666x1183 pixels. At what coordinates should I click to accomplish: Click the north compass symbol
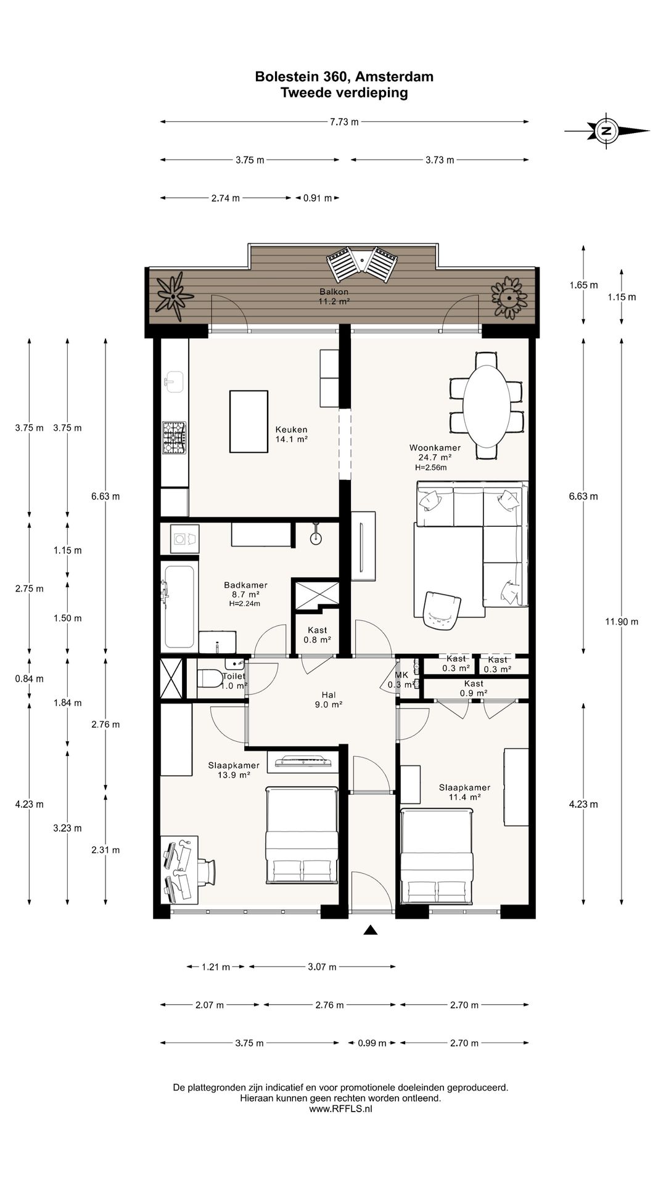[x=607, y=131]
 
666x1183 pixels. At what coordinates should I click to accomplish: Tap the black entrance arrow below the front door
[x=370, y=930]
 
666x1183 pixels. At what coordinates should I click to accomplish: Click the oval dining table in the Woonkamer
[x=487, y=407]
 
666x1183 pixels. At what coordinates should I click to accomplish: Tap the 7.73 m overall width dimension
[x=344, y=122]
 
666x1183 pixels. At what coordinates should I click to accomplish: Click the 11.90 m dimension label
[x=622, y=622]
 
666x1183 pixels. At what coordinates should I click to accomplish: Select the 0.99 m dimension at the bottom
[x=372, y=1043]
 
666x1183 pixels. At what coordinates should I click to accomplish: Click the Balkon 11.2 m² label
[x=334, y=296]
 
